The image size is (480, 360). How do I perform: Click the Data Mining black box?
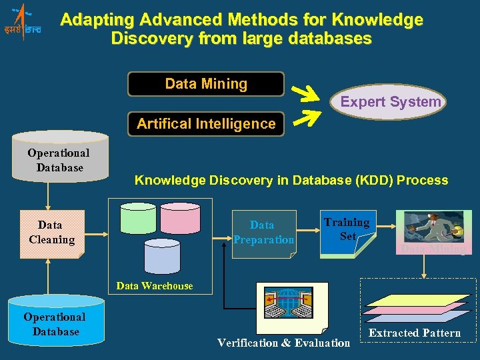206,84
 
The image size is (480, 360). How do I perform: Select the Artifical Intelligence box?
206,123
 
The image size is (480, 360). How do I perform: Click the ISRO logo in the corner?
21,21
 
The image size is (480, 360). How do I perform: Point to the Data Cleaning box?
51,233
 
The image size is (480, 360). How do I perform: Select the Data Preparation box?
263,232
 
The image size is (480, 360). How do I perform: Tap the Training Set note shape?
347,232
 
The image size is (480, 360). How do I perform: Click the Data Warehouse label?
155,286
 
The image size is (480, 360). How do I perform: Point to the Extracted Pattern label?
415,333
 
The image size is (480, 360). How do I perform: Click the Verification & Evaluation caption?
283,343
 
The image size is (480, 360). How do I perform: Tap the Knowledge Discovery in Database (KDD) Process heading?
291,180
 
